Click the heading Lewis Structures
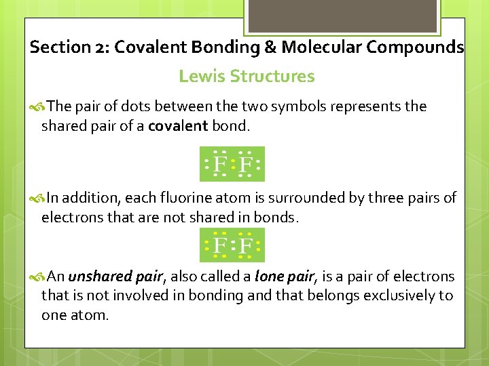[x=247, y=77]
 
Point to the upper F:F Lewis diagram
[x=232, y=164]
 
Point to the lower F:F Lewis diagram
[x=232, y=245]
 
